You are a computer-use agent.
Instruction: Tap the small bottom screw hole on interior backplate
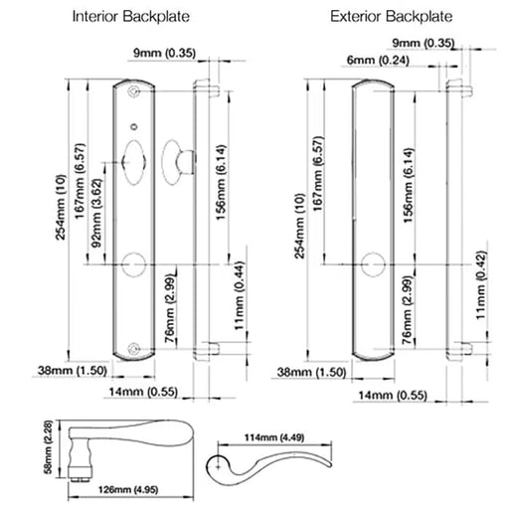(x=135, y=348)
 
